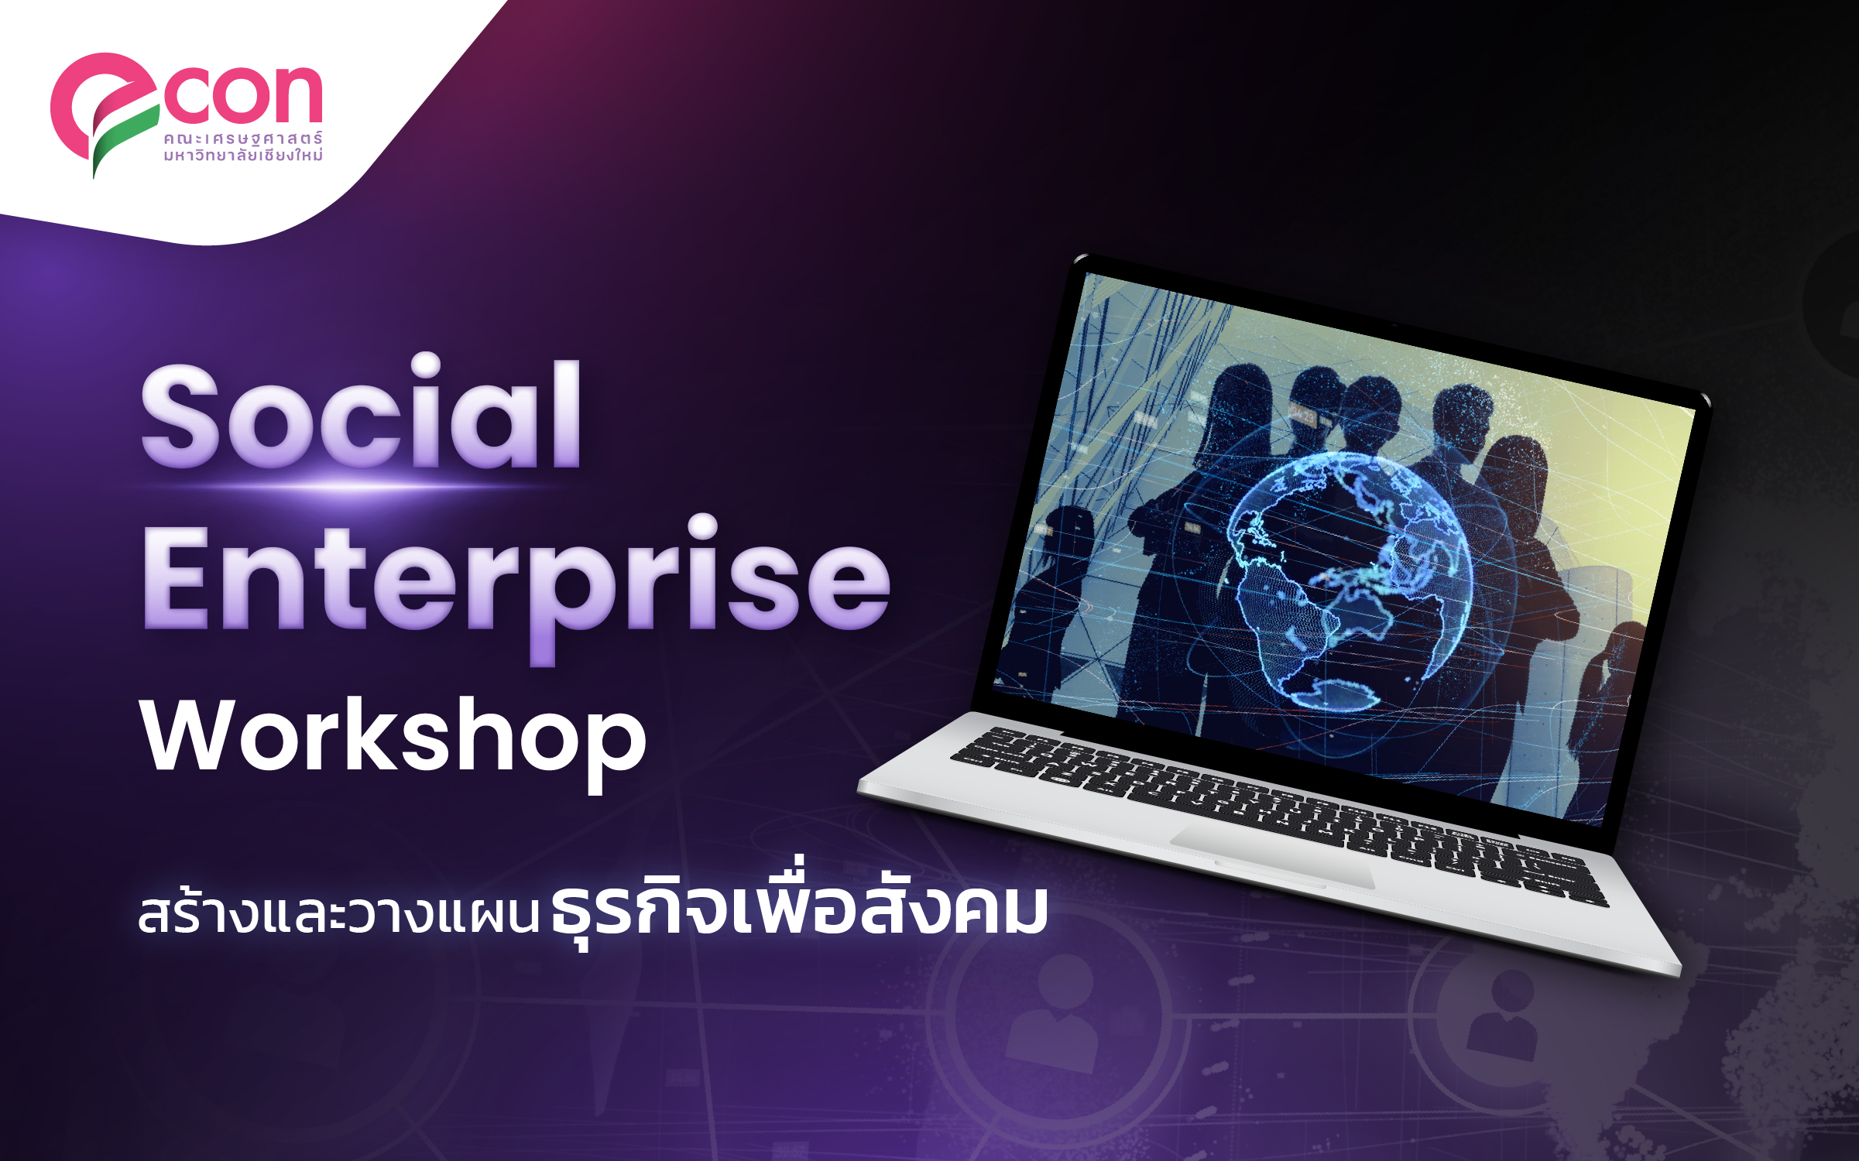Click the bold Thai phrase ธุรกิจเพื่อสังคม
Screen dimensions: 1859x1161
pyautogui.click(x=800, y=906)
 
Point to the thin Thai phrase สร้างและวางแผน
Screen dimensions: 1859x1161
pyautogui.click(x=338, y=913)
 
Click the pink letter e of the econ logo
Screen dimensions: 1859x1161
pyautogui.click(x=105, y=108)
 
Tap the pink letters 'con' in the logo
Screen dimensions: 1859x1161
pyautogui.click(x=242, y=94)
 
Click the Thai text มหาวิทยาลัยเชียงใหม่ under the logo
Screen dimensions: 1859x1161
pyautogui.click(x=242, y=154)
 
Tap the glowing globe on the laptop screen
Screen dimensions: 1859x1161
pyautogui.click(x=1348, y=580)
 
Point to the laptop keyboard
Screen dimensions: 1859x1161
pyautogui.click(x=1278, y=813)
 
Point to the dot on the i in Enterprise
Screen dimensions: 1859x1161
pyautogui.click(x=703, y=527)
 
